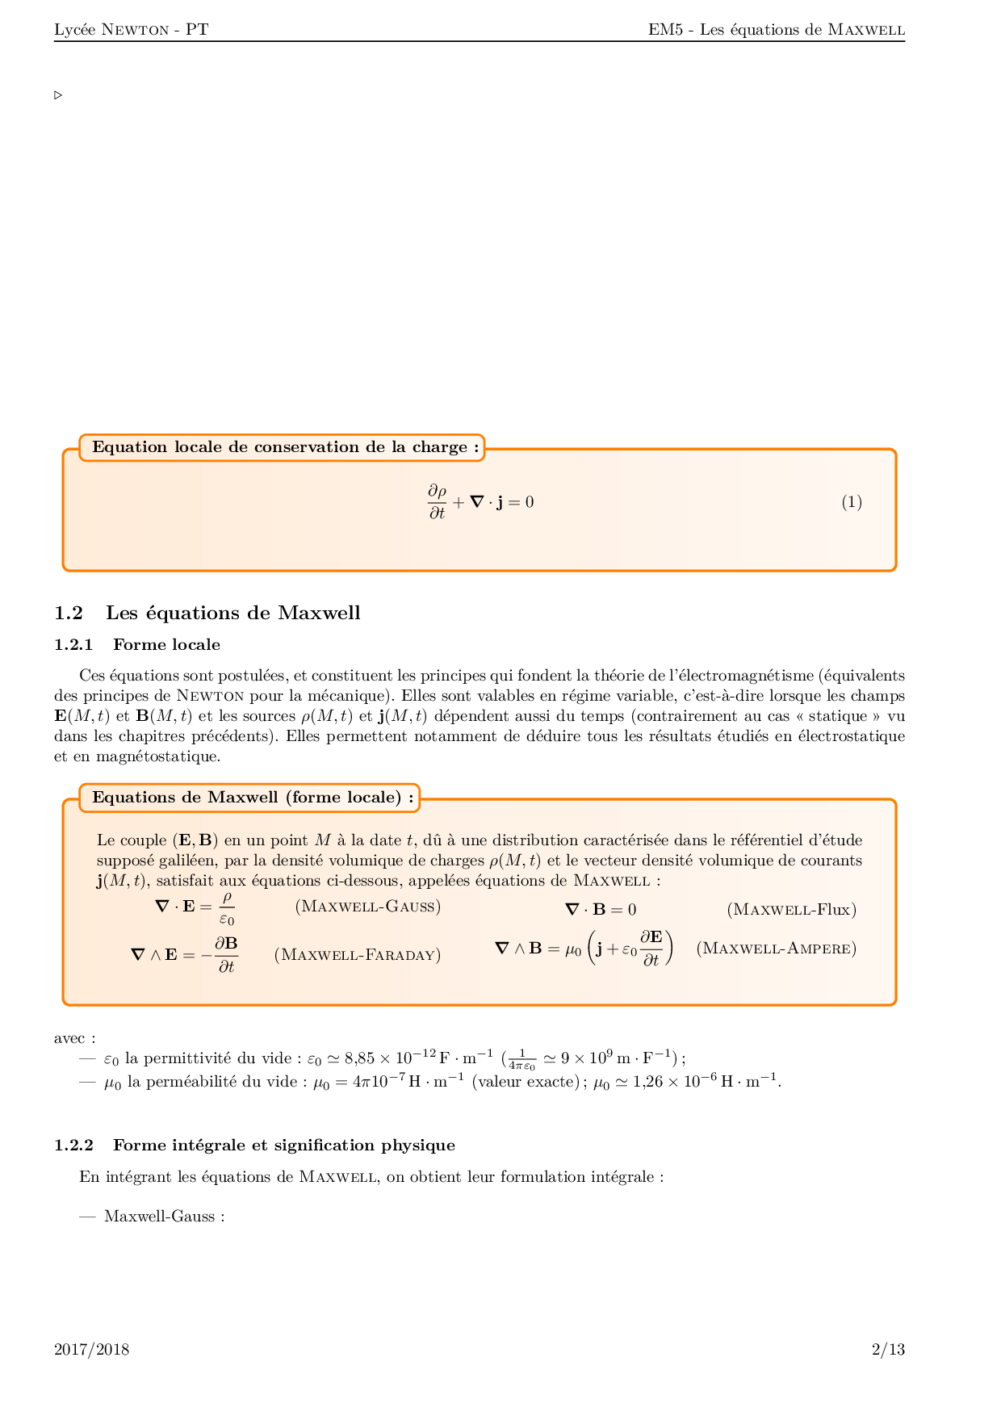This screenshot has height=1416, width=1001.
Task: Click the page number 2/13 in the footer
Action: [888, 1349]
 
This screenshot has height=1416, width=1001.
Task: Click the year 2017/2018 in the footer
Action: [91, 1349]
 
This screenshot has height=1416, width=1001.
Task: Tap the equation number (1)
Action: [852, 502]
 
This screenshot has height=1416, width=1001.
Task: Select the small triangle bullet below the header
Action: [58, 95]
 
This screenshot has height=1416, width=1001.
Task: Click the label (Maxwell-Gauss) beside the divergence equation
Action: [367, 906]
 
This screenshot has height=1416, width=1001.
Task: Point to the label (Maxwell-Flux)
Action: [791, 910]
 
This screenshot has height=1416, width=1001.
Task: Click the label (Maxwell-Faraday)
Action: [358, 955]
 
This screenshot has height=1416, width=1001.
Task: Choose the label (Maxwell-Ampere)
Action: [776, 948]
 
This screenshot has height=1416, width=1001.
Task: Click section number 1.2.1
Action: [73, 644]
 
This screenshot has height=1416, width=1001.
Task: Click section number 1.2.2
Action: [73, 1145]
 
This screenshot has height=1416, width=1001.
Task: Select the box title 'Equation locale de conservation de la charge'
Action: [285, 447]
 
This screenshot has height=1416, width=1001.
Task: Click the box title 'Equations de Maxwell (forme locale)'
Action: [253, 798]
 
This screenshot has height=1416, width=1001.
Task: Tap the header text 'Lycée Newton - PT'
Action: [131, 30]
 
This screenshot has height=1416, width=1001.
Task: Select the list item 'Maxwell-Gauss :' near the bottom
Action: [164, 1217]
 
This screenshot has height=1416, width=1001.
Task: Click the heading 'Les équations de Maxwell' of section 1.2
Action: [232, 613]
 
